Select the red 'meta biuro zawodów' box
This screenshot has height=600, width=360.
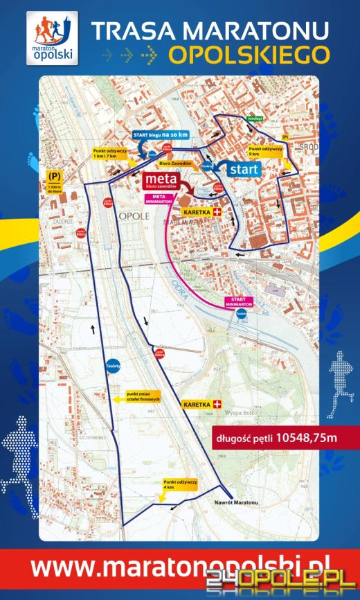click(x=161, y=182)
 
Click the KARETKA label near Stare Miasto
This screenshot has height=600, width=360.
click(x=202, y=211)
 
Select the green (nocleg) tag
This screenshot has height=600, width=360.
click(x=253, y=118)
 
